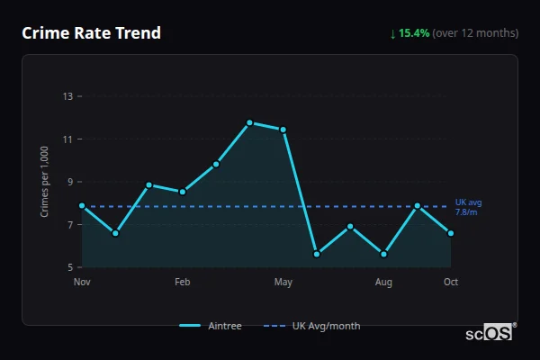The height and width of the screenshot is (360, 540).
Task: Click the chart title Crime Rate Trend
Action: pos(92,33)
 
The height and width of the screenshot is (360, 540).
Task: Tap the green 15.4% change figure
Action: pos(415,33)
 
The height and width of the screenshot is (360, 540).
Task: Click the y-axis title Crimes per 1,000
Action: pos(45,183)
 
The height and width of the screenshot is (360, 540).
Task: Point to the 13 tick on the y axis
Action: pos(68,96)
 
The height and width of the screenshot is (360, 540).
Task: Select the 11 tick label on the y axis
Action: pos(68,139)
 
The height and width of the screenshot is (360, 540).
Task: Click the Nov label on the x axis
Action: pos(82,283)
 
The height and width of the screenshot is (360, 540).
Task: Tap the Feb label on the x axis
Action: pos(182,283)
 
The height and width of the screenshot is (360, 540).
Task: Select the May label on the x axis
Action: pos(283,283)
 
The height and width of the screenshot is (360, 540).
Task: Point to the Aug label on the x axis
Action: pos(383,283)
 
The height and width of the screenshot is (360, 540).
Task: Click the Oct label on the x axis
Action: pos(451,283)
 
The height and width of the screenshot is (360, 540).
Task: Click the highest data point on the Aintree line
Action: pos(249,122)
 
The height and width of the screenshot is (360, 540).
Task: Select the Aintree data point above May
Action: pos(283,130)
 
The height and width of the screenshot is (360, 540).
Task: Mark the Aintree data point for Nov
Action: pos(82,205)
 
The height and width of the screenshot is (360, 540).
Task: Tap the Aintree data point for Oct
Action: pos(451,233)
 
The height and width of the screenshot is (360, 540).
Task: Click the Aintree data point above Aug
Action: pos(383,254)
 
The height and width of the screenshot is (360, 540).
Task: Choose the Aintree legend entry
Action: pos(212,326)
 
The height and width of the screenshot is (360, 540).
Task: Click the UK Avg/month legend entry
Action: pos(312,326)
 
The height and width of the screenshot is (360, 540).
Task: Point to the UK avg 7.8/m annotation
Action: pos(467,207)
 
